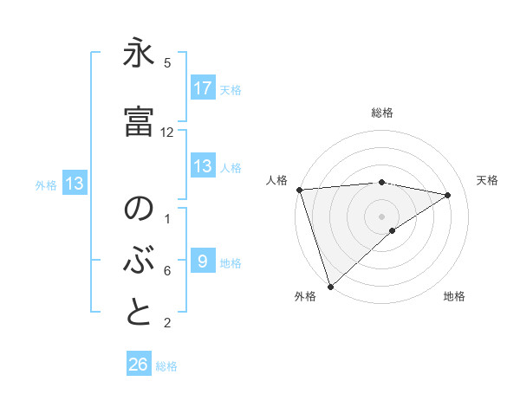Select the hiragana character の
pos(139,211)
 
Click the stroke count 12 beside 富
pos(167,132)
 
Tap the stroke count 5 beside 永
pos(167,63)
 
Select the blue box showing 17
pos(203,88)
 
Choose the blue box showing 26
pos(139,365)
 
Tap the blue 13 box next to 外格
pos(74,184)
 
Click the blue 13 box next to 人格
pos(203,167)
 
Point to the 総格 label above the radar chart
pos(382,113)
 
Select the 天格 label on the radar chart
pos(488,180)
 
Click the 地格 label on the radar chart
pos(454,296)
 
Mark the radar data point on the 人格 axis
pos(298,190)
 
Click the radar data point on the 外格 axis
pos(329,287)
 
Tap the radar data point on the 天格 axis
pos(448,195)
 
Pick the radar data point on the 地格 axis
pos(393,230)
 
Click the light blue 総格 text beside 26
pos(166,365)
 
